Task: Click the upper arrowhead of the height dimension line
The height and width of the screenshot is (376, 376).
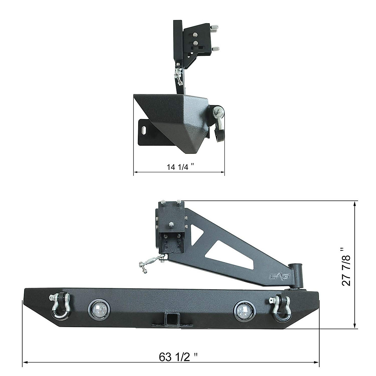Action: [354, 204]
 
